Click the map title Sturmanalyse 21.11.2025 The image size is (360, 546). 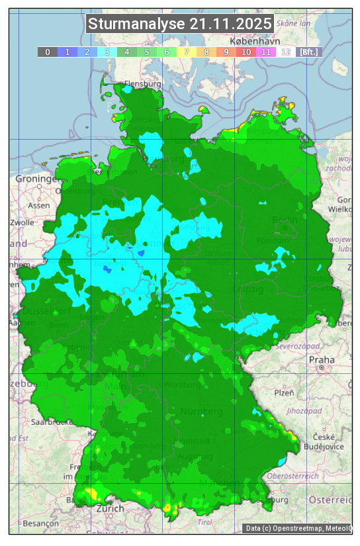pyautogui.click(x=179, y=24)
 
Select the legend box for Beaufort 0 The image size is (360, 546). pyautogui.click(x=48, y=52)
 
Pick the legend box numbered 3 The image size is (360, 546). pyautogui.click(x=107, y=52)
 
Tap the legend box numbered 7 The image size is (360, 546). pyautogui.click(x=187, y=52)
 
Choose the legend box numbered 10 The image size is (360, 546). pyautogui.click(x=246, y=52)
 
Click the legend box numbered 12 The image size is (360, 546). pyautogui.click(x=286, y=52)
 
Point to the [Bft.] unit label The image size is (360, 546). pyautogui.click(x=308, y=52)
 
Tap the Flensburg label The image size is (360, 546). pyautogui.click(x=143, y=85)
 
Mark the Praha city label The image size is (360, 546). pyautogui.click(x=322, y=359)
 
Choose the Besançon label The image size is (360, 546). pyautogui.click(x=40, y=523)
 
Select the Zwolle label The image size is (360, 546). pyautogui.click(x=22, y=222)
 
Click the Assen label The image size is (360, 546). pyautogui.click(x=39, y=205)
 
